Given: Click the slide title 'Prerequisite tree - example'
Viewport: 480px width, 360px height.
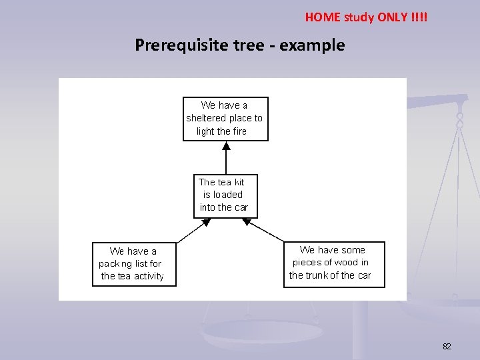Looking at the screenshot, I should pyautogui.click(x=239, y=45).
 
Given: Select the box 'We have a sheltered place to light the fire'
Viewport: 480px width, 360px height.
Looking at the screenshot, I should pyautogui.click(x=225, y=119).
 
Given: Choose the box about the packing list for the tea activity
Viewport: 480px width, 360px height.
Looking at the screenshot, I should pyautogui.click(x=133, y=264).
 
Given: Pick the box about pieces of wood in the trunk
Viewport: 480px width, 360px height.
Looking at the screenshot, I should pyautogui.click(x=333, y=263).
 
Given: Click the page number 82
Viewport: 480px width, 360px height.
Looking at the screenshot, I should pyautogui.click(x=447, y=347).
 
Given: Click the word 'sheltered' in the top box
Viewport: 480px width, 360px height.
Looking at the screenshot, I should pyautogui.click(x=207, y=118).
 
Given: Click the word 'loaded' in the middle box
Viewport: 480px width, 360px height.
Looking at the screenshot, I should pyautogui.click(x=228, y=195).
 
